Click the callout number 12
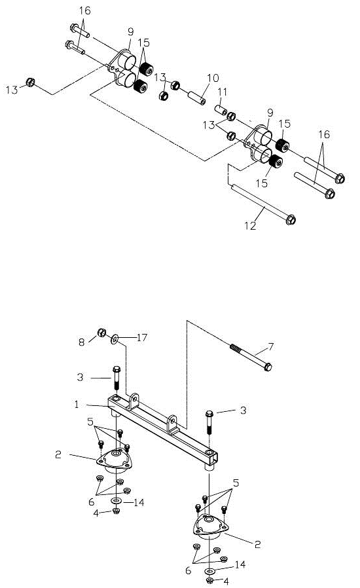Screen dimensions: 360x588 click(x=250, y=226)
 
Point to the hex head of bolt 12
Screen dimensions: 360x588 click(x=291, y=220)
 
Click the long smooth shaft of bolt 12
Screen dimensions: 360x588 click(x=259, y=202)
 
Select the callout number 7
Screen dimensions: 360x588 click(x=271, y=346)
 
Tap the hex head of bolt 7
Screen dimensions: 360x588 click(x=268, y=367)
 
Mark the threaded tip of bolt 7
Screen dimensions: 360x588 click(x=236, y=348)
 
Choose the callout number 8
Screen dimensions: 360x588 click(x=82, y=342)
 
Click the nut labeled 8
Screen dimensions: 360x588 click(x=101, y=332)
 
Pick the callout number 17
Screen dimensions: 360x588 click(x=142, y=337)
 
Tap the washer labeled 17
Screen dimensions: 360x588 click(x=115, y=340)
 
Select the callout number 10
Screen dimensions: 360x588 click(x=213, y=78)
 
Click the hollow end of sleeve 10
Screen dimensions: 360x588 click(x=202, y=101)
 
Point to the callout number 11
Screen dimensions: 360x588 click(x=223, y=92)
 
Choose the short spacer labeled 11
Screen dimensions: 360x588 click(x=221, y=110)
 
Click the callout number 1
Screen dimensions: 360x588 click(x=77, y=405)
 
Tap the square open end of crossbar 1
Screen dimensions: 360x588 click(x=213, y=458)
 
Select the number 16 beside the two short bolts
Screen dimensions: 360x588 click(x=84, y=10)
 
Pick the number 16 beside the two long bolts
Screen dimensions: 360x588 click(x=324, y=134)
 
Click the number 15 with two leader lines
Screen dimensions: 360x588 click(x=143, y=43)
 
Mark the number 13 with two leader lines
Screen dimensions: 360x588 click(x=209, y=125)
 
